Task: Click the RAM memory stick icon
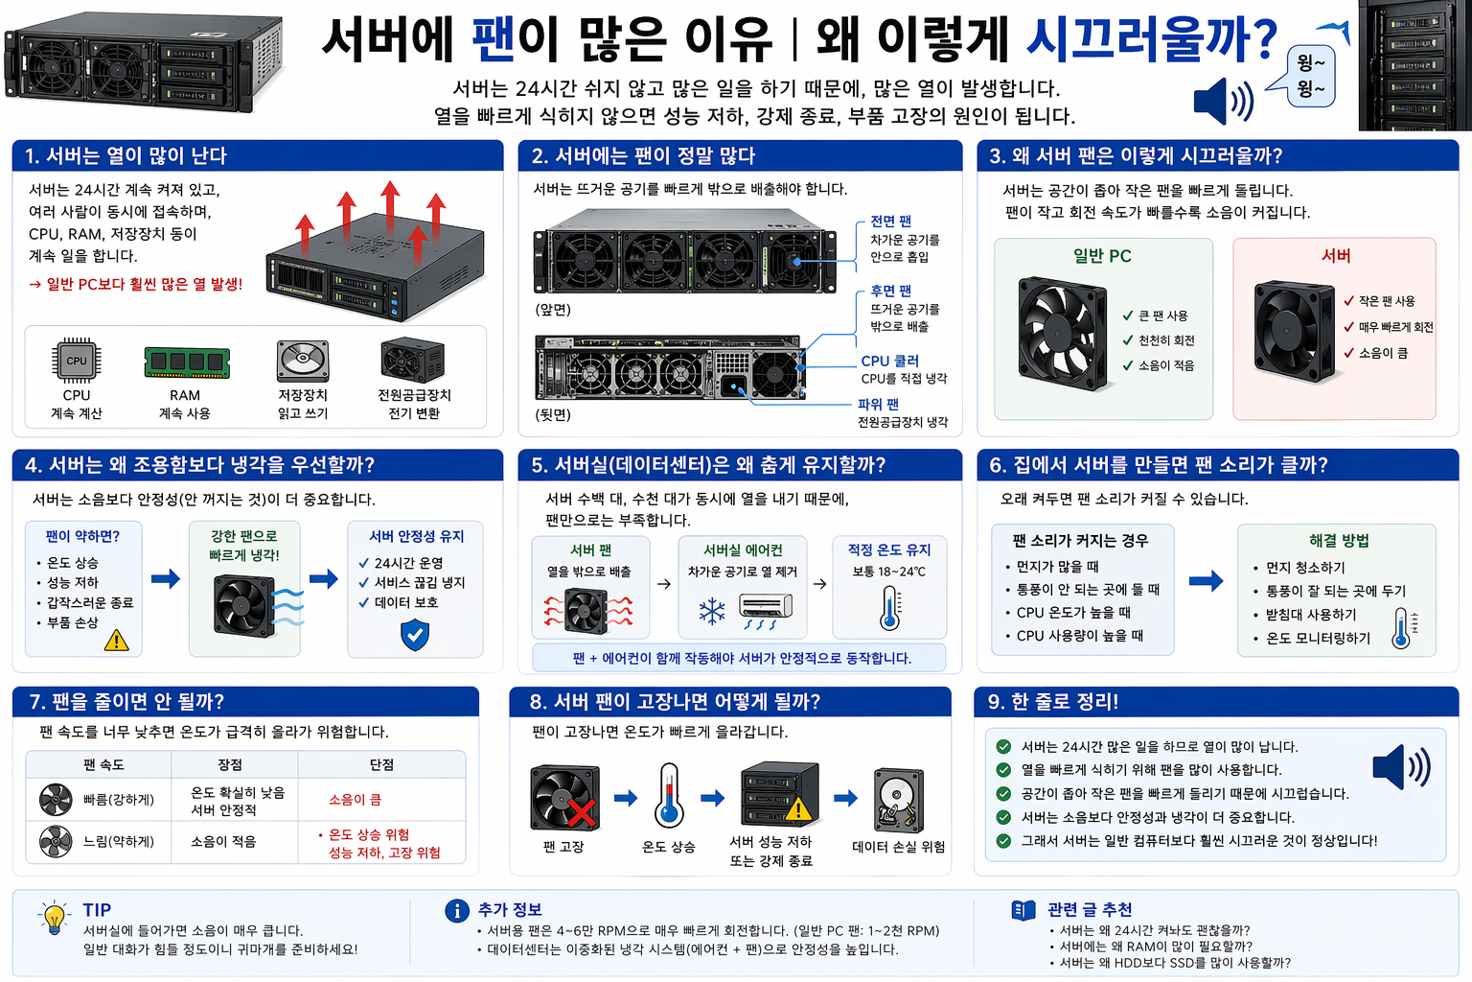(x=187, y=362)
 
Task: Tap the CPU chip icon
(x=77, y=361)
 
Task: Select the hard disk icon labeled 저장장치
(x=303, y=362)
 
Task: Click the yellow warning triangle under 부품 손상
(x=116, y=640)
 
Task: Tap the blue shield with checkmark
(x=415, y=635)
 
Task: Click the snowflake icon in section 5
(x=712, y=611)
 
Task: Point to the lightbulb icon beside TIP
(x=55, y=918)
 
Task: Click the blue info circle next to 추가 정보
(x=457, y=911)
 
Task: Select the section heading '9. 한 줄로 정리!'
(x=1052, y=702)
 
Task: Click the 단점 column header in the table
(x=381, y=764)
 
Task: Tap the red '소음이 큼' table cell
(x=355, y=799)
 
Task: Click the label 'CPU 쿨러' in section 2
(x=889, y=361)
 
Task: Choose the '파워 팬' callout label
(x=878, y=404)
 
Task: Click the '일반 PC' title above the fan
(x=1102, y=256)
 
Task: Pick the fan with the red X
(x=565, y=797)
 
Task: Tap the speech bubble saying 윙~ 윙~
(x=1310, y=76)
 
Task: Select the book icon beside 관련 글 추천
(x=1023, y=910)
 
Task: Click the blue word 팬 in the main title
(x=494, y=39)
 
